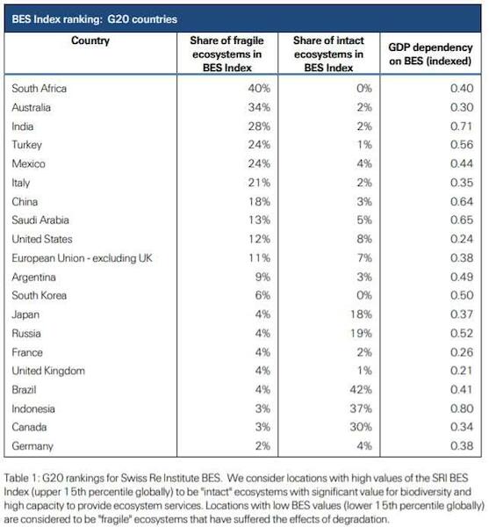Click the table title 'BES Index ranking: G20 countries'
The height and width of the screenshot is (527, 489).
[94, 19]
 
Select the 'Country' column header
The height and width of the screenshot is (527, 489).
[90, 40]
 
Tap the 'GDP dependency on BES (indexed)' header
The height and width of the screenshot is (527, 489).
[430, 54]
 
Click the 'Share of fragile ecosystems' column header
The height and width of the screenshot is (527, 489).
[227, 54]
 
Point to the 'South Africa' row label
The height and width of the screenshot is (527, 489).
[40, 89]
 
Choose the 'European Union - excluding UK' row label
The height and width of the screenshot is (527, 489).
[82, 258]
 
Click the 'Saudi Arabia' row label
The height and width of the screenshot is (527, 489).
[40, 220]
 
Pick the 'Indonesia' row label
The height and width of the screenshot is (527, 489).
[33, 408]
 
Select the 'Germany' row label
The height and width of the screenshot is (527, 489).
[32, 446]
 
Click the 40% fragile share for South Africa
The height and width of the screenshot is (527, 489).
[259, 88]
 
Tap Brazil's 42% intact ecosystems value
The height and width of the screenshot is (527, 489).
[361, 389]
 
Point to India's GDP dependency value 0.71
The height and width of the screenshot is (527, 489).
[462, 126]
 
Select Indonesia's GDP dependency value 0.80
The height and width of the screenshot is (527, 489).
[462, 408]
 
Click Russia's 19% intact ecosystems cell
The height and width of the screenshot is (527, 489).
[361, 333]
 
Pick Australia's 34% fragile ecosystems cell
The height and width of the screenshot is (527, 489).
[259, 107]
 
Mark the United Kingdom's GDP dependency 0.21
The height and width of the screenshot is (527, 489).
[462, 371]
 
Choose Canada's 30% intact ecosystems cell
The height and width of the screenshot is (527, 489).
[361, 427]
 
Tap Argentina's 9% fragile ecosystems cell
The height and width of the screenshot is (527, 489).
[262, 277]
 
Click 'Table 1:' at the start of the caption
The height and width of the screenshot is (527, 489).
[22, 478]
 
